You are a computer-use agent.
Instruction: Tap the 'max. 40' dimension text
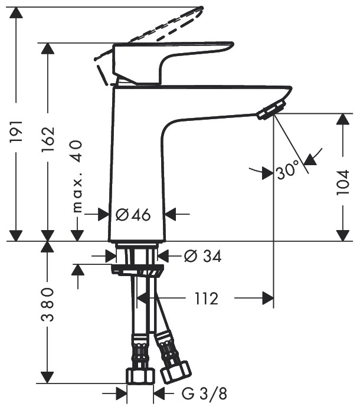point(77,176)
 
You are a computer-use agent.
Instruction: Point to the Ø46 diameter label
point(133,215)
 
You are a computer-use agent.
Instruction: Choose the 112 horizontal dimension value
point(205,299)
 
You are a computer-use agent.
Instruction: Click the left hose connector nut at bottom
point(140,375)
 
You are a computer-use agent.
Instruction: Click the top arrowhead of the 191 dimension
point(17,12)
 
